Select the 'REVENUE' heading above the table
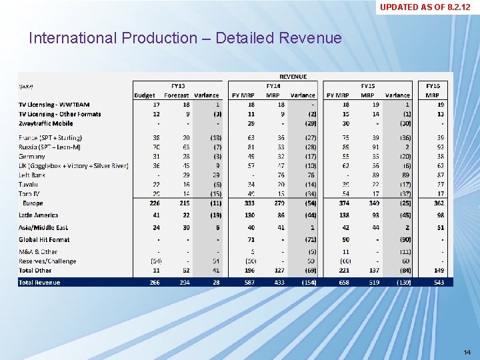tap(293, 77)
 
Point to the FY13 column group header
tap(178, 86)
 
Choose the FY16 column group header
tap(433, 86)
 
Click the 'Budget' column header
tap(145, 95)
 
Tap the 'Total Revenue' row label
tap(39, 282)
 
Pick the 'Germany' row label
tap(32, 155)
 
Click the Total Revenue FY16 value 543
tap(438, 282)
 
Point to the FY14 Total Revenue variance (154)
tap(307, 282)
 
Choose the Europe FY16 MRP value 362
tap(438, 203)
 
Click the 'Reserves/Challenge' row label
tap(47, 261)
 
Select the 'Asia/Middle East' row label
tap(44, 227)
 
